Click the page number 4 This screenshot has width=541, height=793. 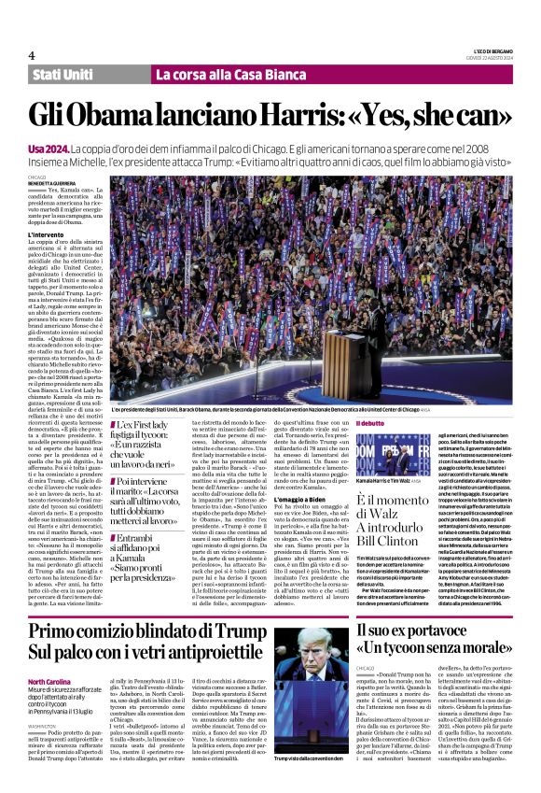[x=32, y=54]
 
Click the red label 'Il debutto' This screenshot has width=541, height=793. [x=395, y=423]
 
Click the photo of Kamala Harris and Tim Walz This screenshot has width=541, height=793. [x=410, y=452]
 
